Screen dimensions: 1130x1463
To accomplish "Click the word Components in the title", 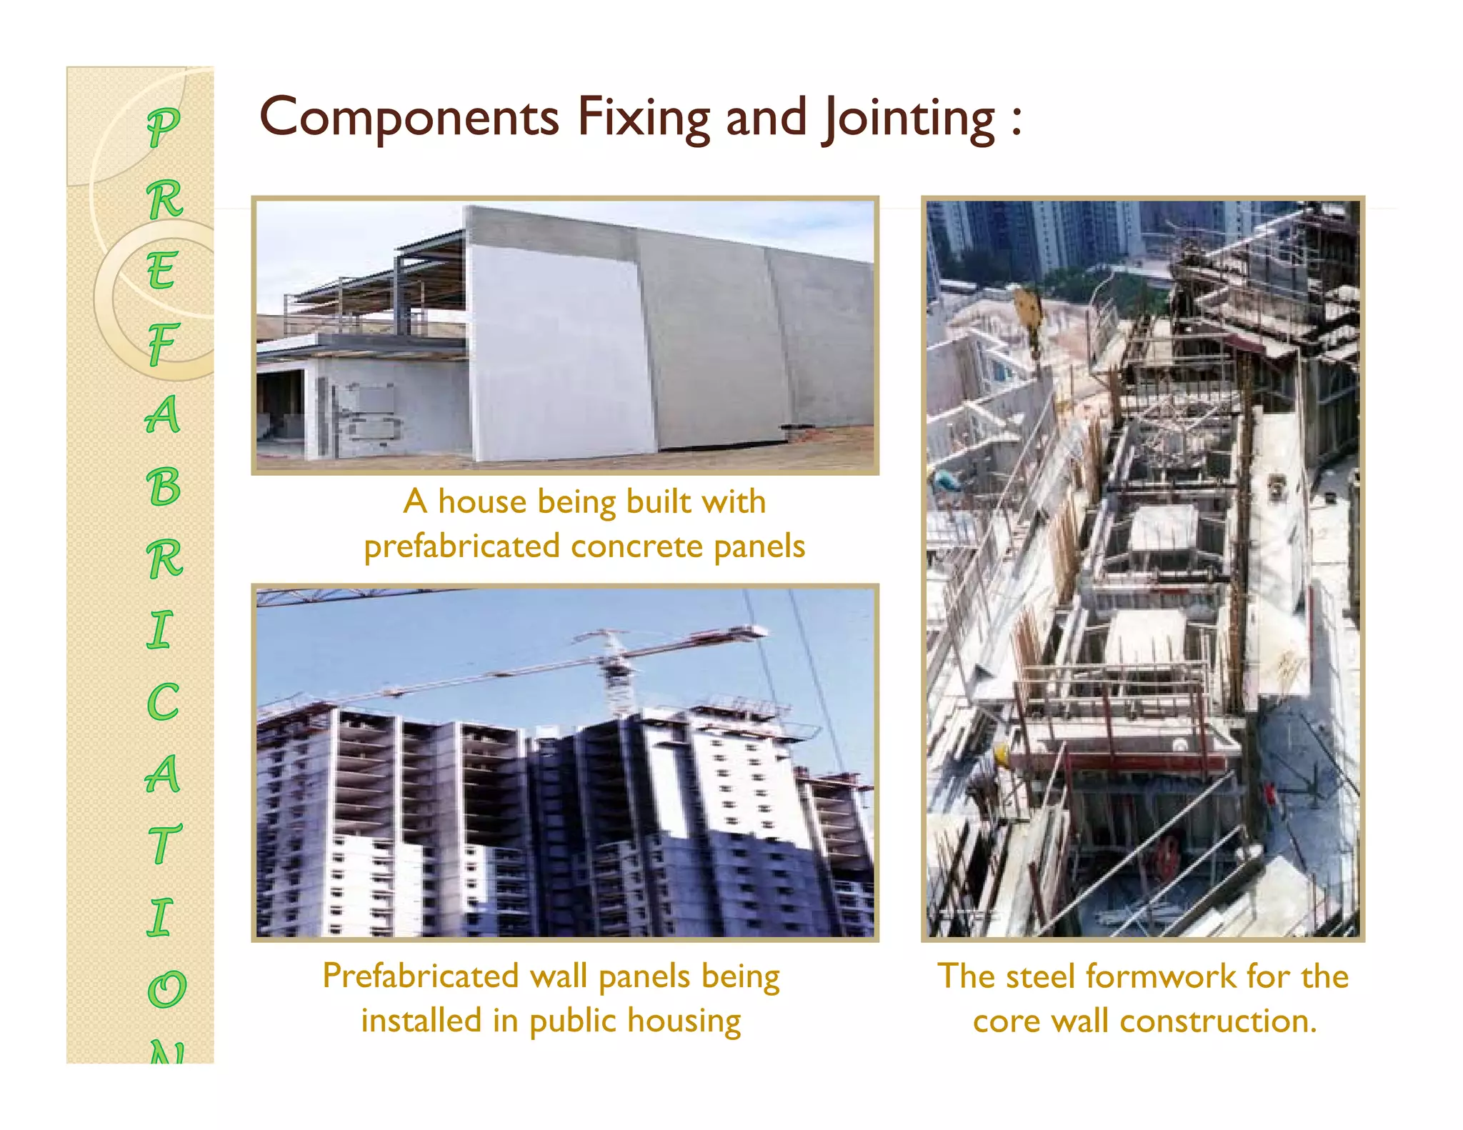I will [x=409, y=118].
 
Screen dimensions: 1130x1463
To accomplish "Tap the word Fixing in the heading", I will [x=643, y=118].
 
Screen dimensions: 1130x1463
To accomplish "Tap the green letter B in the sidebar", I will [x=164, y=487].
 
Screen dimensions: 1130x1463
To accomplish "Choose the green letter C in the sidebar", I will [x=163, y=702].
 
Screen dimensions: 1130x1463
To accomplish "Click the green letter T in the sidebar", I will [x=164, y=844].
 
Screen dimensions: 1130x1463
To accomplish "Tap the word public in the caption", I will [x=573, y=1021].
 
